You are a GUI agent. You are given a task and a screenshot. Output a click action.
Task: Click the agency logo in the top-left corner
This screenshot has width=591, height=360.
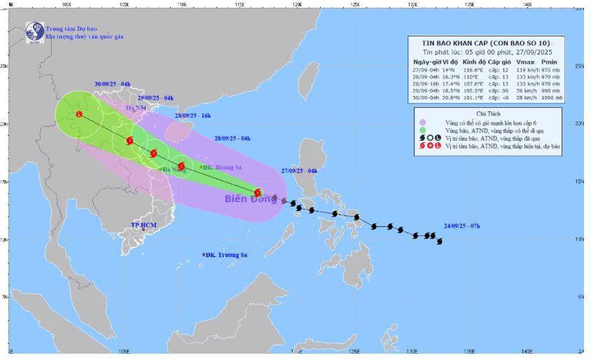click(33, 30)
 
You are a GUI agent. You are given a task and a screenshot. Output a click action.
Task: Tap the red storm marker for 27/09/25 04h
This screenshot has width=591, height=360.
click(258, 193)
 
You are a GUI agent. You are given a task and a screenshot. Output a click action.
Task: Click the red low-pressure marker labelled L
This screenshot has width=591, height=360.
click(78, 114)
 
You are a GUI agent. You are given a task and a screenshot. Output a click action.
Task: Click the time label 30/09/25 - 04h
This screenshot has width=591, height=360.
click(112, 84)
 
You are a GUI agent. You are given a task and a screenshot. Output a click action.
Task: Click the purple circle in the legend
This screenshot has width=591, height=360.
click(423, 123)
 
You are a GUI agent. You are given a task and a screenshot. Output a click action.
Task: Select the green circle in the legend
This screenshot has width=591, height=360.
click(423, 130)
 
